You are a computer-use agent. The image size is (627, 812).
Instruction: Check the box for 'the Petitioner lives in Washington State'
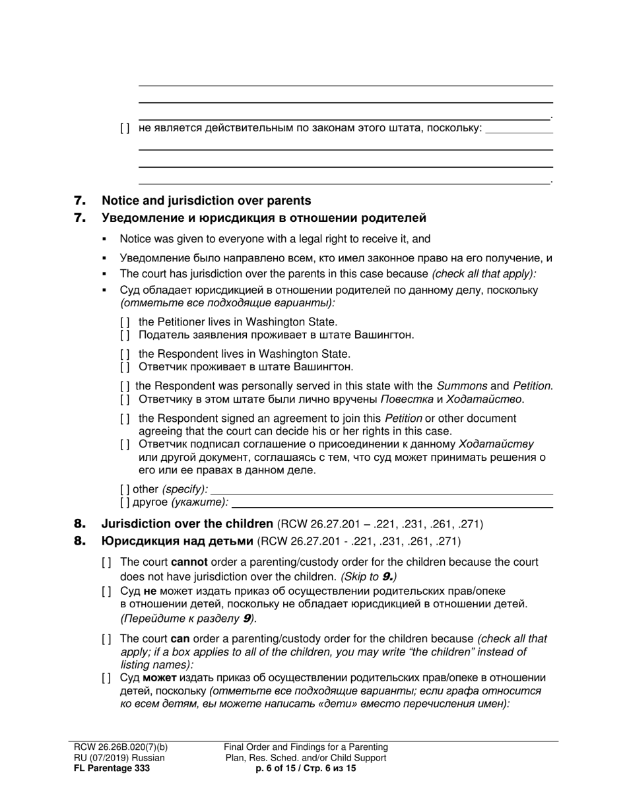click(125, 322)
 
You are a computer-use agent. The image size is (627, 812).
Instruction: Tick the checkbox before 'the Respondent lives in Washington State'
click(125, 355)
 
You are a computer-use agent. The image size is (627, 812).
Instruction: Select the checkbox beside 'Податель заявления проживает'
click(125, 335)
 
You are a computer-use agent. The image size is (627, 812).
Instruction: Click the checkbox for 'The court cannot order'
click(106, 562)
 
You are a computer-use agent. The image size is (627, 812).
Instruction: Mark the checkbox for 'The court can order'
click(106, 639)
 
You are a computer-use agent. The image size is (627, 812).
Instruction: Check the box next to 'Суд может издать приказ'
click(106, 678)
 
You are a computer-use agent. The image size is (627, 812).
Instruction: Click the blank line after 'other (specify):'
click(381, 490)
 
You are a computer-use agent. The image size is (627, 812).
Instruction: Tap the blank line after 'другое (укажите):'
click(392, 503)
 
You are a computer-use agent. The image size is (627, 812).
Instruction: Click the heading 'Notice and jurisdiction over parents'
click(206, 201)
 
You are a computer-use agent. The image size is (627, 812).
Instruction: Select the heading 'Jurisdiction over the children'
click(187, 524)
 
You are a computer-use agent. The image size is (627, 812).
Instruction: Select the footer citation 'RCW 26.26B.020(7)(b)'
click(121, 747)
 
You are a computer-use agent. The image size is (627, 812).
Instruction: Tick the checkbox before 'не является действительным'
click(125, 128)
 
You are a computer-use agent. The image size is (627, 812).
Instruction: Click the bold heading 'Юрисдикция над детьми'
click(177, 541)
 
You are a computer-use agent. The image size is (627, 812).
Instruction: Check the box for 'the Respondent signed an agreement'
click(125, 419)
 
